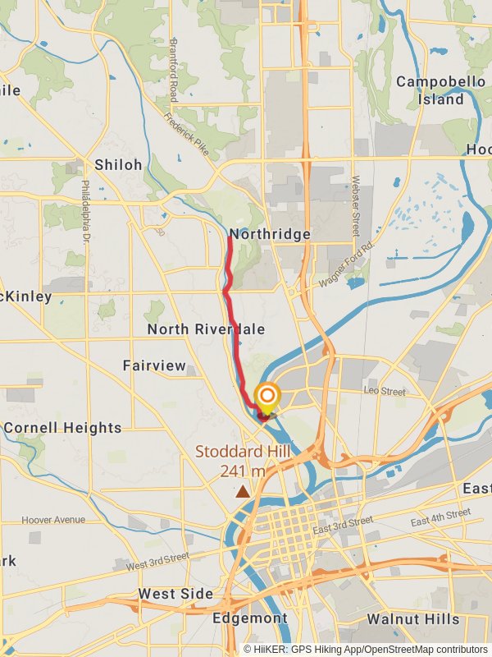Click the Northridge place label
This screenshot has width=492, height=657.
(x=270, y=234)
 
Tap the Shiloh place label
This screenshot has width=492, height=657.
(x=118, y=165)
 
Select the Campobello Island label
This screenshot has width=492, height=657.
(x=430, y=90)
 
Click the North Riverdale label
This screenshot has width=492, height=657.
(x=206, y=329)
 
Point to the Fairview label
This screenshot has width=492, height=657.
(x=154, y=365)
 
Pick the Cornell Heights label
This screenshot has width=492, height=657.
(x=62, y=428)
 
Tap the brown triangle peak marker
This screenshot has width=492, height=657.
(x=243, y=491)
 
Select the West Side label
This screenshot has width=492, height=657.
(x=175, y=594)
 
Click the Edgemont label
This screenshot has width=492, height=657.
(x=249, y=618)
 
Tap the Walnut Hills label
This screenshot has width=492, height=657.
(x=413, y=618)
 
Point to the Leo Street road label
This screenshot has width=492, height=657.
(x=385, y=392)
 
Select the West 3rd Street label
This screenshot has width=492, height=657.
(x=157, y=562)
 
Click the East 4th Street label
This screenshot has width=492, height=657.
(x=440, y=518)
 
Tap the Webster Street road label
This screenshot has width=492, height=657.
(x=356, y=205)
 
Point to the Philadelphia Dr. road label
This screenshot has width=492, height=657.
(x=85, y=213)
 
